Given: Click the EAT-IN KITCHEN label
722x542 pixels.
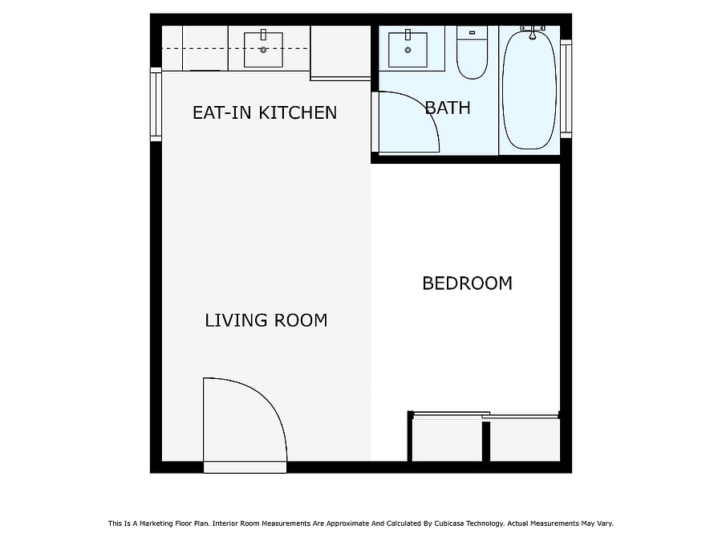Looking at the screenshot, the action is pos(265,113).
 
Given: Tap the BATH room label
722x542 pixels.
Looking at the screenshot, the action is pos(448,108).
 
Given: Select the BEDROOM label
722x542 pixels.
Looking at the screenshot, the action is pos(468,283).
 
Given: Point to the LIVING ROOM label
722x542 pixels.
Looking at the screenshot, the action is pos(266,320).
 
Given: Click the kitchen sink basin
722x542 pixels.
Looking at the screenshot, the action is pos(263,50).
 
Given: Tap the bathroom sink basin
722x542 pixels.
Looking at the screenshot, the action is pos(408,50).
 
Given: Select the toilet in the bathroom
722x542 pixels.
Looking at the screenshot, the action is pos(472,52).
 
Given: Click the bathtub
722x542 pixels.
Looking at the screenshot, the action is pos(529,89).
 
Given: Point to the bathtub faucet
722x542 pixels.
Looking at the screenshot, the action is pos(533,32).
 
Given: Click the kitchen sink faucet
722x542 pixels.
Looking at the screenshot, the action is pos(263,35).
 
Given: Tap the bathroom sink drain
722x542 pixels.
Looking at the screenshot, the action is pos(408,51).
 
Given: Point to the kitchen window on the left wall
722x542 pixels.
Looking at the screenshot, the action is pos(156,104).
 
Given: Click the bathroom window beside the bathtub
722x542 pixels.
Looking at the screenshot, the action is pos(566,88).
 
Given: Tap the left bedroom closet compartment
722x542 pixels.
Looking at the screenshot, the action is pos(447,439).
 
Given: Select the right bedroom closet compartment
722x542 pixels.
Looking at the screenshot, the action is pos(525,439).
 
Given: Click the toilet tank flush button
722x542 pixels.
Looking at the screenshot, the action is pos(472,33).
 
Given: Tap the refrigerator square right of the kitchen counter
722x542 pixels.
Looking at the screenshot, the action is pos(341,51).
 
